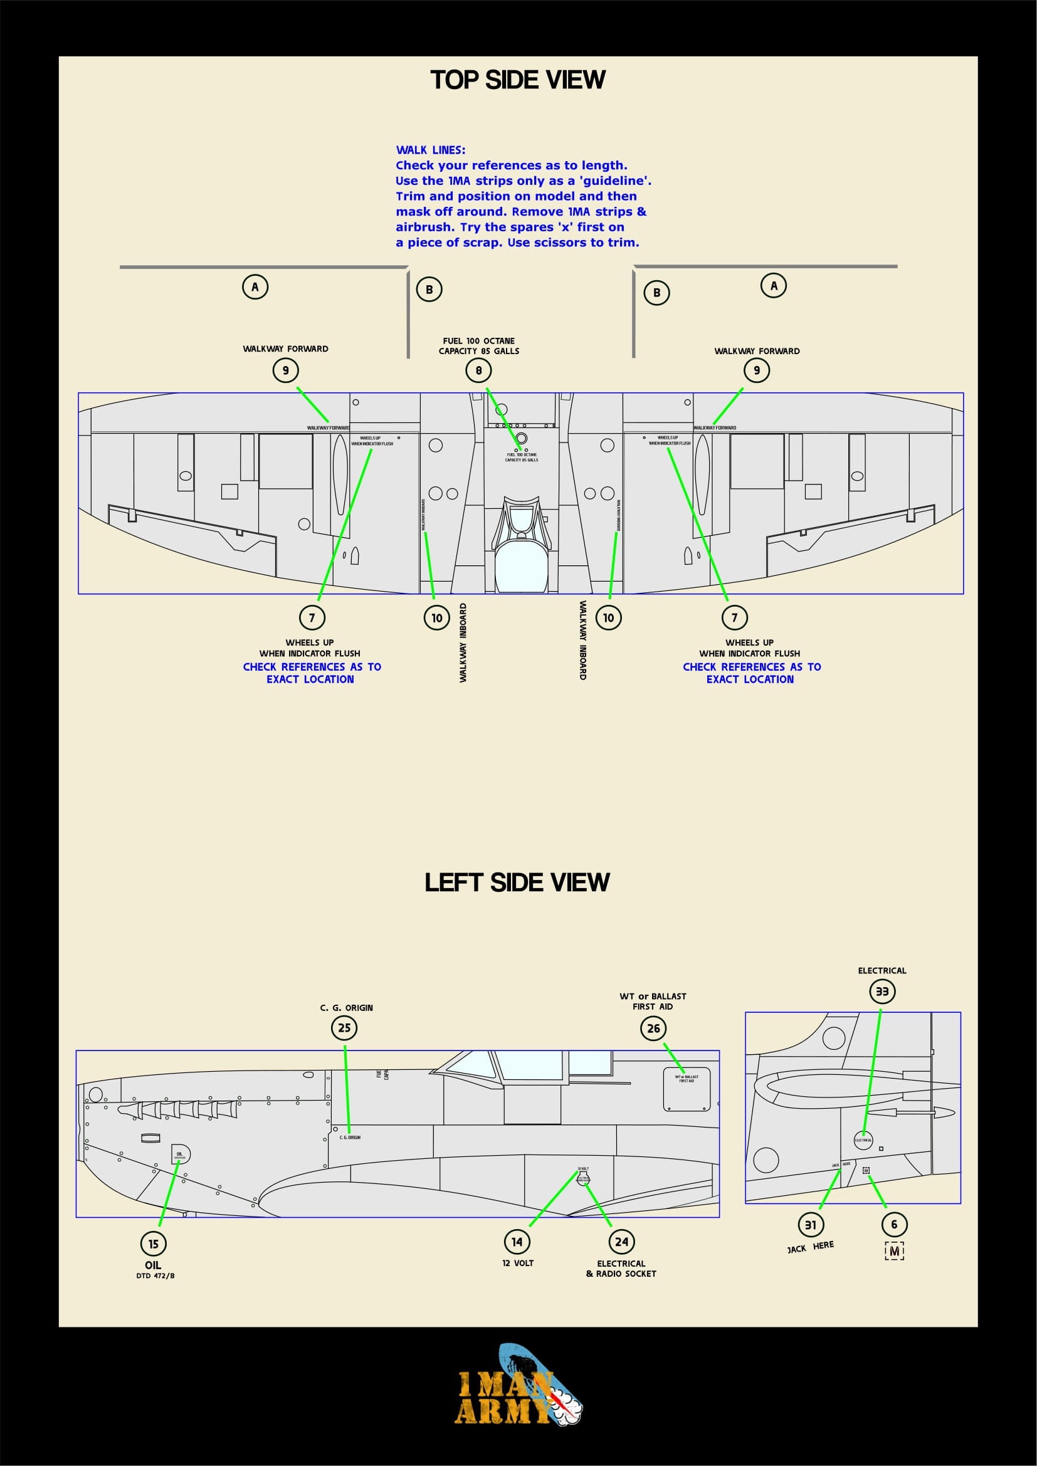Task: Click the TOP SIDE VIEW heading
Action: click(x=518, y=80)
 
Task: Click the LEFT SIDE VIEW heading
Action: click(x=517, y=882)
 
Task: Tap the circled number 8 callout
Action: click(x=478, y=370)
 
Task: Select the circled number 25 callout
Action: click(x=344, y=1028)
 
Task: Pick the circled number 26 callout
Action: click(x=653, y=1029)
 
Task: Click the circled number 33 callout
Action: click(x=882, y=992)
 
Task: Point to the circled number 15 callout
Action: click(x=153, y=1243)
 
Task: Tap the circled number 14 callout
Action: click(x=517, y=1242)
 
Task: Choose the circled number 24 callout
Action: click(x=621, y=1242)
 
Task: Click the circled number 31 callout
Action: click(x=810, y=1225)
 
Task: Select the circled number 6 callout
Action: click(x=894, y=1224)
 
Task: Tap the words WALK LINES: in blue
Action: click(x=430, y=150)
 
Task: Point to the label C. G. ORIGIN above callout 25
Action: click(x=346, y=1008)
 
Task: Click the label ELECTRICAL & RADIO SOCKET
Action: click(x=621, y=1268)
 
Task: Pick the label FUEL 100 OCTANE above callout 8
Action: click(x=478, y=341)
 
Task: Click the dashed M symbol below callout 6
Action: click(x=894, y=1252)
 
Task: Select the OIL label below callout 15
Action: click(x=153, y=1265)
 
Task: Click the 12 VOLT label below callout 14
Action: click(x=517, y=1263)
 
